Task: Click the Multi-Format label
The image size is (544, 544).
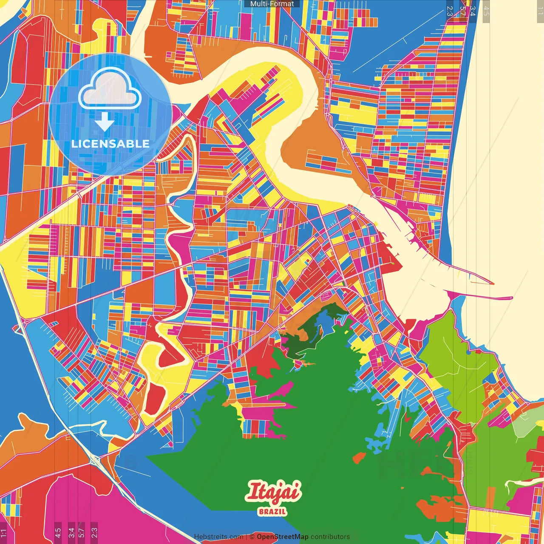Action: point(272,4)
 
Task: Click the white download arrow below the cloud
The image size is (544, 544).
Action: point(104,122)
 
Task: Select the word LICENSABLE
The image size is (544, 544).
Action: point(110,144)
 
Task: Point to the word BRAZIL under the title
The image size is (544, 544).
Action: point(272,512)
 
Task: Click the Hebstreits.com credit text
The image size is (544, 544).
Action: point(218,537)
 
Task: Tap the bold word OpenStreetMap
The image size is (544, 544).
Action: point(282,537)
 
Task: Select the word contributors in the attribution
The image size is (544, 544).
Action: point(330,537)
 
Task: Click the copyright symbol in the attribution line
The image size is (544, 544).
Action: point(252,537)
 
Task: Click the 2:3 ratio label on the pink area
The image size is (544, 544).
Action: point(94,532)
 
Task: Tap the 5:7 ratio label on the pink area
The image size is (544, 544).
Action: point(82,532)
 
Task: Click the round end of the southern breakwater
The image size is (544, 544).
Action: point(511,298)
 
